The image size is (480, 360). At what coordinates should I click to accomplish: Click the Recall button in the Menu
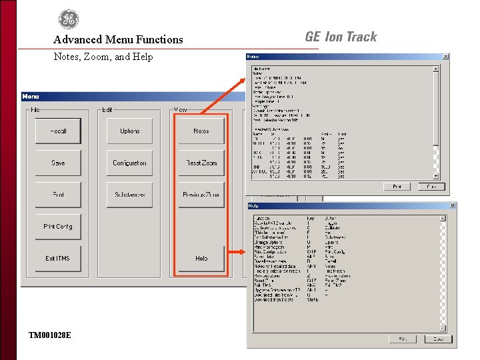[59, 131]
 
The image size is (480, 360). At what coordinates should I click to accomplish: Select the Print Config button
[59, 227]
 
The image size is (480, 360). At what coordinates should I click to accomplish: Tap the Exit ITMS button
[59, 259]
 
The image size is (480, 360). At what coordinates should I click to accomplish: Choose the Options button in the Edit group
[130, 131]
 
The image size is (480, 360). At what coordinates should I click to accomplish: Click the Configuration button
[130, 163]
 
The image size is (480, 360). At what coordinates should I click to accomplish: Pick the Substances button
[130, 195]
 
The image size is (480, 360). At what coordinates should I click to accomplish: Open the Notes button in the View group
[201, 131]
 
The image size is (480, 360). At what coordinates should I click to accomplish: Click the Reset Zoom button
[201, 163]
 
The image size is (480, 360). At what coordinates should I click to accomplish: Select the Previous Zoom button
[201, 195]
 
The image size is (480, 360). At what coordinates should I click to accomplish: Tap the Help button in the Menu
[201, 259]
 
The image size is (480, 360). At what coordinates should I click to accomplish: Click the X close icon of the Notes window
[445, 57]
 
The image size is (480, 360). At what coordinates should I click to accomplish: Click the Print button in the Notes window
[397, 187]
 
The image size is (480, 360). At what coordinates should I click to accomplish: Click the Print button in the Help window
[403, 339]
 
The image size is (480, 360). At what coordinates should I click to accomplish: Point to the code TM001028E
[50, 335]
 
